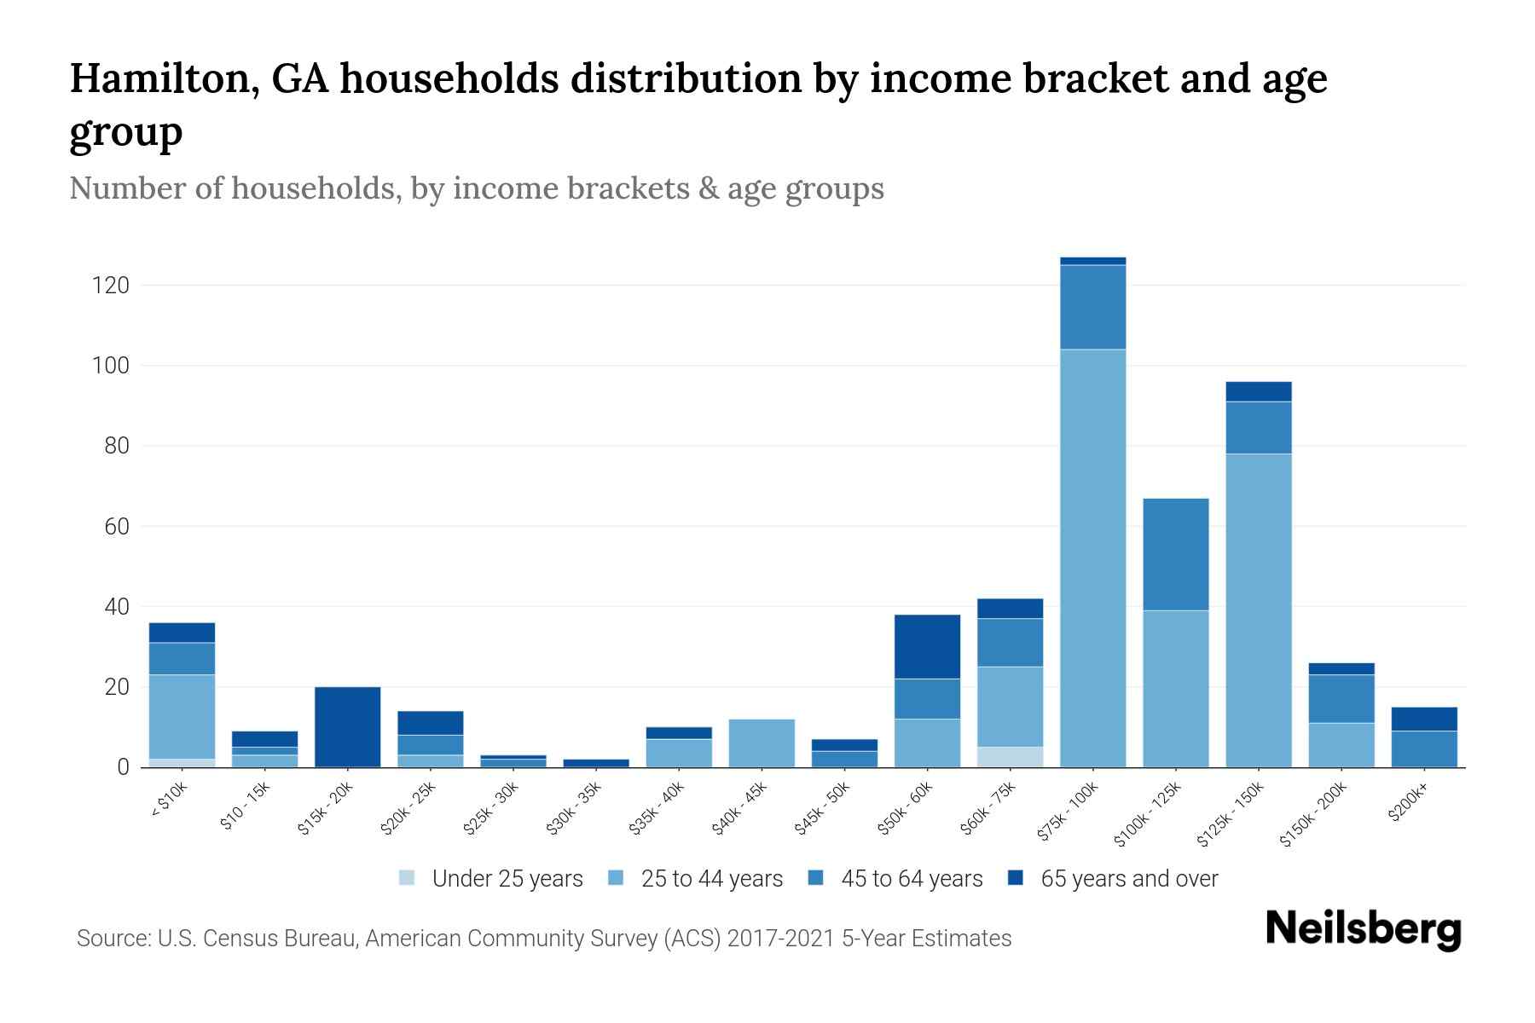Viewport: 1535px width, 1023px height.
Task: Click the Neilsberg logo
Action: (x=1363, y=929)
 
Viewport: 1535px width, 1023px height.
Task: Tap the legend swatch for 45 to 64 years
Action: (x=816, y=878)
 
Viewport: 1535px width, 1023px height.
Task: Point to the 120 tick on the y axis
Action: (x=111, y=286)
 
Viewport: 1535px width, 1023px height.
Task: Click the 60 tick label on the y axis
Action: (x=116, y=527)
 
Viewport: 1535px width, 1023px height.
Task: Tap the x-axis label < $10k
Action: (x=169, y=800)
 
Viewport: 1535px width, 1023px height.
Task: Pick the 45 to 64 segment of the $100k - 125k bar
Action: (x=1175, y=554)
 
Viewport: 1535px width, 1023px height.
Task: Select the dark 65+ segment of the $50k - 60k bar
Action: (x=927, y=646)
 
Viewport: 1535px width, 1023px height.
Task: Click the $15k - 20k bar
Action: (x=347, y=726)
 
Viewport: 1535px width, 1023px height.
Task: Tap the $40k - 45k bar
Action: (x=762, y=743)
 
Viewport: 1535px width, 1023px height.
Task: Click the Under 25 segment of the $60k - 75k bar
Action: (x=1010, y=757)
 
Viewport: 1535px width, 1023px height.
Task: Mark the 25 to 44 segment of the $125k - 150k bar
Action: (x=1258, y=610)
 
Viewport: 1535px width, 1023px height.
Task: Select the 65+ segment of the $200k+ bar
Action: (x=1423, y=719)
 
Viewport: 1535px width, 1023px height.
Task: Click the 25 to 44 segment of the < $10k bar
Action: (x=182, y=716)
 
